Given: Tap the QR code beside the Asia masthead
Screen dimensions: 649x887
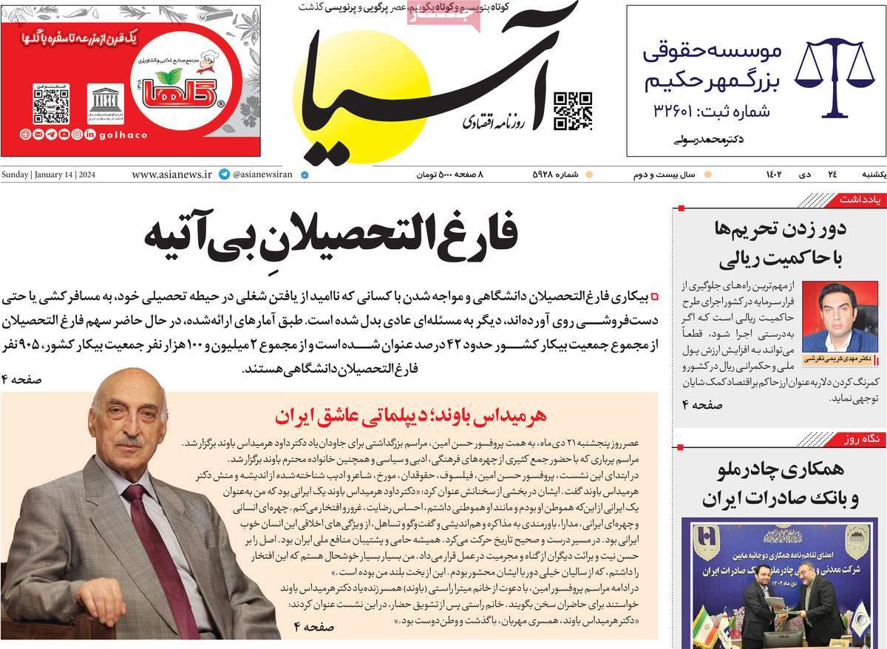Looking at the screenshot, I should [573, 110].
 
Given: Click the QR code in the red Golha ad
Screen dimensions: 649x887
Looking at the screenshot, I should [51, 105].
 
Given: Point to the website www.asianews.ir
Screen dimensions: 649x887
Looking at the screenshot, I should [171, 175].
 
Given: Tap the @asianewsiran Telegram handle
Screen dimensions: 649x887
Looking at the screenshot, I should [262, 175].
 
